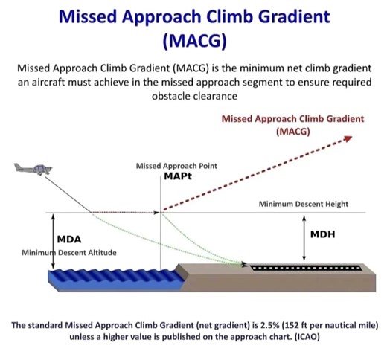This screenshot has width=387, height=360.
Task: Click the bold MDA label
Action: [69, 240]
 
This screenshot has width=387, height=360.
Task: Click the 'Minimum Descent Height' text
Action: [304, 204]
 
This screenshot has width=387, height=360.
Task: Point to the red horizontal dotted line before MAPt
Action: [127, 213]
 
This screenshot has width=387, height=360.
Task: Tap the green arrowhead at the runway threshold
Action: [243, 263]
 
